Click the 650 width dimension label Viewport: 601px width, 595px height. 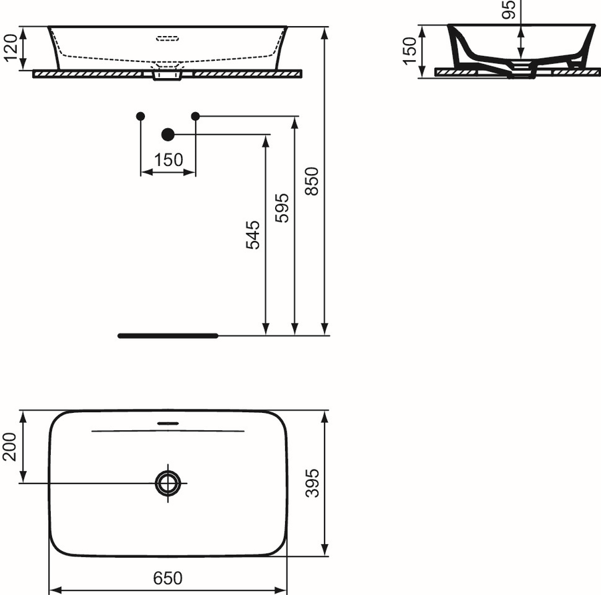pyautogui.click(x=168, y=578)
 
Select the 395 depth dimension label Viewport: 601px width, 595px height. pyautogui.click(x=313, y=483)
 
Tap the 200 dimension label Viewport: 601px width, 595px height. pyautogui.click(x=9, y=447)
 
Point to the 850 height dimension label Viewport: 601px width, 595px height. pyautogui.click(x=312, y=181)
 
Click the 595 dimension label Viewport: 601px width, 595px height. pyautogui.click(x=282, y=208)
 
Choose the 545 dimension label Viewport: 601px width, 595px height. pyautogui.click(x=253, y=235)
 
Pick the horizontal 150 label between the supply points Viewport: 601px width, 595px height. pyautogui.click(x=168, y=159)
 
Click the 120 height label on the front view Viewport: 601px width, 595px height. pyautogui.click(x=10, y=47)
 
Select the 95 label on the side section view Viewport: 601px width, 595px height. pyautogui.click(x=509, y=9)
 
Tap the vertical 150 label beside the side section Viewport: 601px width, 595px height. pyautogui.click(x=409, y=51)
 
